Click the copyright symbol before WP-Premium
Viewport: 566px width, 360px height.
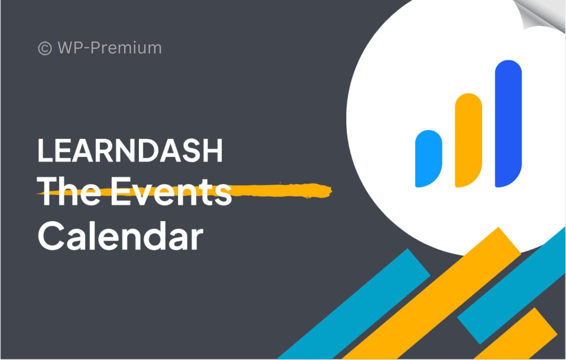point(45,48)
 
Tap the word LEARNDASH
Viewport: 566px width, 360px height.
point(130,150)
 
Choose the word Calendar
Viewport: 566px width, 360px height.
point(121,236)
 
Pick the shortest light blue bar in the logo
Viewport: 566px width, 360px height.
point(429,158)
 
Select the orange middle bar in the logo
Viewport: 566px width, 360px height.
point(468,140)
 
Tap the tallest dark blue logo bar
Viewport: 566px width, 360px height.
point(508,124)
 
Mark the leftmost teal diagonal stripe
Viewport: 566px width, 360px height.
point(354,304)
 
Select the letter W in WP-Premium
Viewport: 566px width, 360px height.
point(67,48)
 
